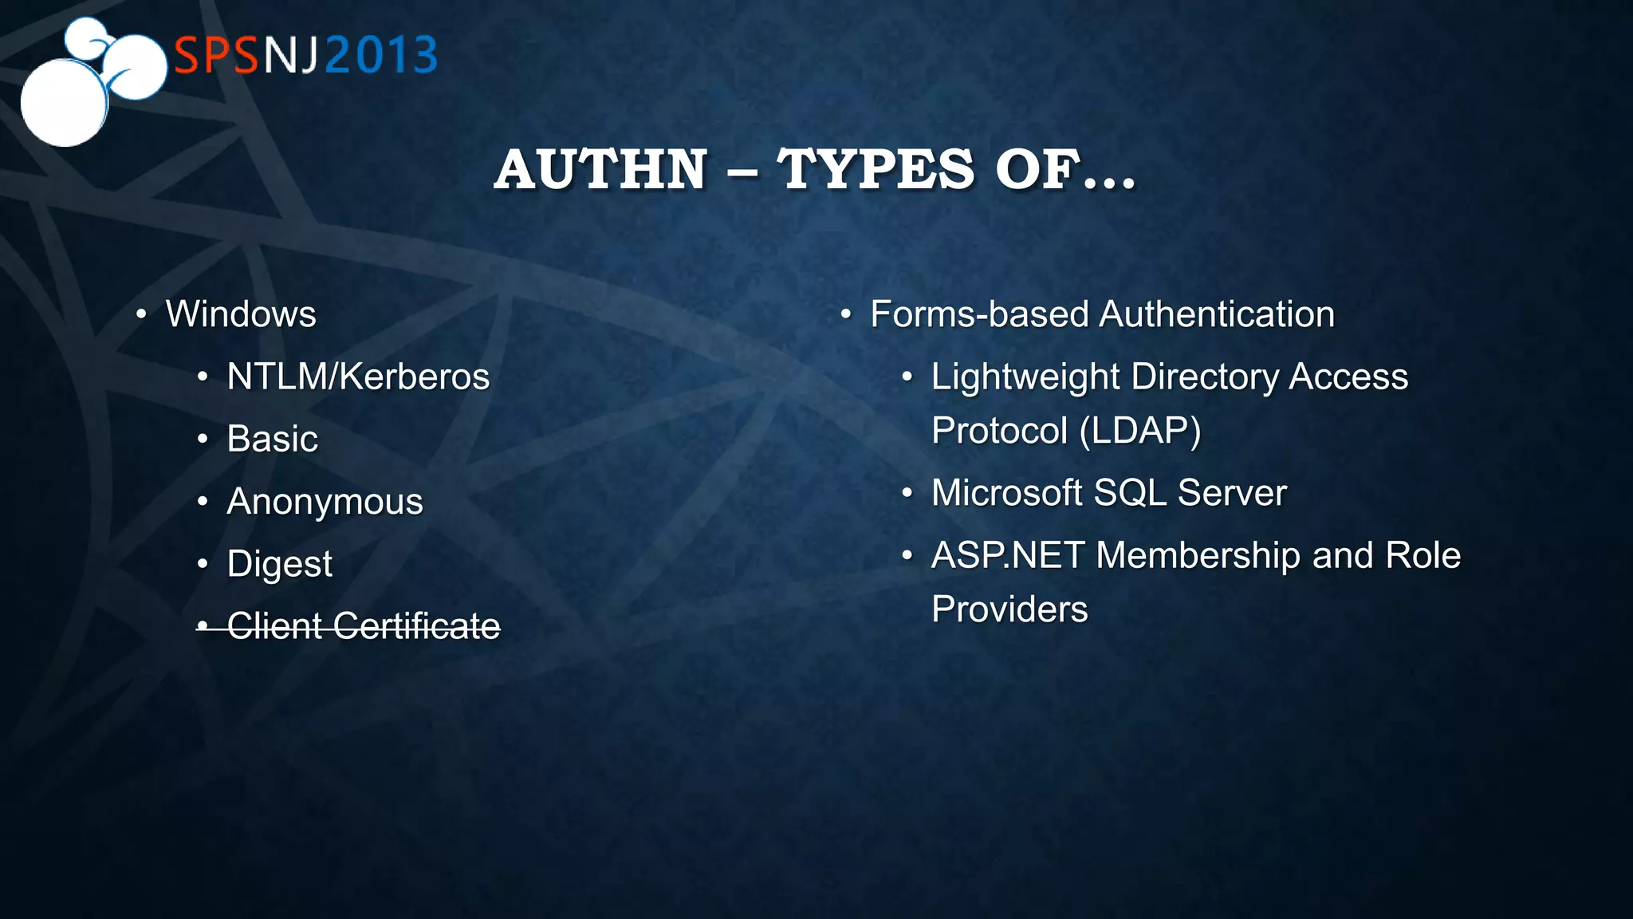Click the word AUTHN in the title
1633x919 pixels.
600,170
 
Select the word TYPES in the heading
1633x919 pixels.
876,170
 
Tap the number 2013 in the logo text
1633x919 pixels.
381,55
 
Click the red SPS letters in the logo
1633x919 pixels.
216,55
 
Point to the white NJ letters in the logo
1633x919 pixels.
291,55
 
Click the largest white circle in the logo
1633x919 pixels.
63,103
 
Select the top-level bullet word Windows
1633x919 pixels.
241,314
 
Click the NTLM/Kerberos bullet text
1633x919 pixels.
358,377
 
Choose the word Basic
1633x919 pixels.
272,439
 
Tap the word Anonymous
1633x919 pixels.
325,502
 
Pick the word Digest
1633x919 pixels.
279,564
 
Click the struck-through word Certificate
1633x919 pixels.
416,626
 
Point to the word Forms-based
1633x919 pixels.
978,314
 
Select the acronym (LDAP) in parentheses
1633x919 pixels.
1139,431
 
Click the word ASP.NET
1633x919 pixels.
1007,555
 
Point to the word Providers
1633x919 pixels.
1009,609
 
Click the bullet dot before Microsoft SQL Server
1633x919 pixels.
907,493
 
